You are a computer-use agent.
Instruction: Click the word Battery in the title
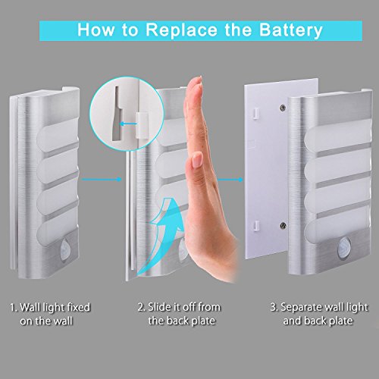291,30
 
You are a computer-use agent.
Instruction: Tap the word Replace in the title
181,30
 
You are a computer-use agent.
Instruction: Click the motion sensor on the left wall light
65,248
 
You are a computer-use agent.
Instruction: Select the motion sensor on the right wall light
343,247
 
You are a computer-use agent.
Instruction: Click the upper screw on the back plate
283,108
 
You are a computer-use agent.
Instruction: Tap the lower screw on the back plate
283,225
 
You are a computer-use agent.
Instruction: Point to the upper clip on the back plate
255,113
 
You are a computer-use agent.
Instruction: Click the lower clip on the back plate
256,226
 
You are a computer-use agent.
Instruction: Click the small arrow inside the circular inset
128,124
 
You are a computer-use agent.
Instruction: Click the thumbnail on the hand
197,161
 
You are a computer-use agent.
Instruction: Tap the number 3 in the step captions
273,308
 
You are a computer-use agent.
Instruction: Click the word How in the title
96,30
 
